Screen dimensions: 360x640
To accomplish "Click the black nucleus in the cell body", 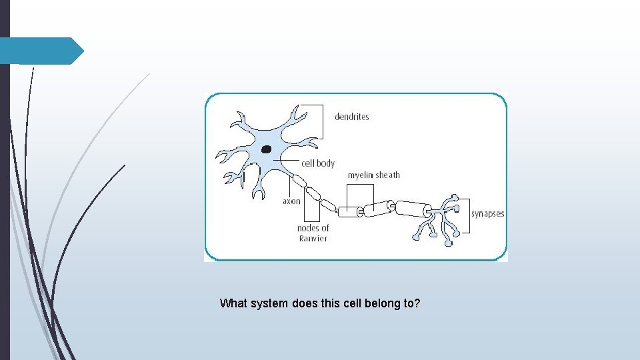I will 267,149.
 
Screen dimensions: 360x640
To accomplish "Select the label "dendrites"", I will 351,117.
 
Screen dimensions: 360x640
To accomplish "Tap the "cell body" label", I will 318,163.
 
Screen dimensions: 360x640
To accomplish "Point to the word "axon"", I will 291,201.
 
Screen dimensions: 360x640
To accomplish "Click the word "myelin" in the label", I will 361,175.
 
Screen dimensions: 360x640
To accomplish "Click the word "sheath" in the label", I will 388,175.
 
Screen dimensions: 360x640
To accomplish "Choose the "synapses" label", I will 487,214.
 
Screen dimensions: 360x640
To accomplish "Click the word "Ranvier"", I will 313,239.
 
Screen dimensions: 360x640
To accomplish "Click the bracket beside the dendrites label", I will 323,120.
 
